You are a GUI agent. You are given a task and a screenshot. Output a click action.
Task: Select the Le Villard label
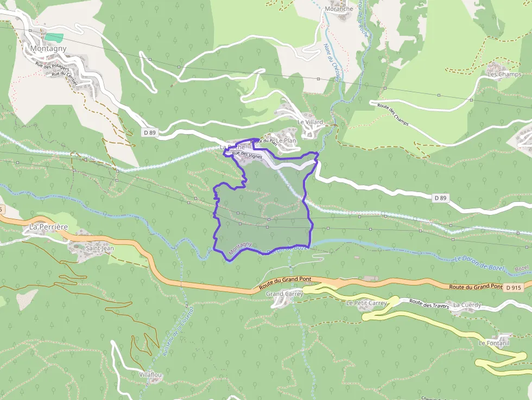(x=310, y=122)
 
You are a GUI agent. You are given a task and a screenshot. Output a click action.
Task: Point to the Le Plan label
(x=286, y=141)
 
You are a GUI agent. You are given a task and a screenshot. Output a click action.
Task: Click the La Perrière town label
(x=48, y=226)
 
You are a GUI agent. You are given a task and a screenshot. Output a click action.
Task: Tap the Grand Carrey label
(x=284, y=294)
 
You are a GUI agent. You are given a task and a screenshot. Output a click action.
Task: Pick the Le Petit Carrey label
(x=366, y=303)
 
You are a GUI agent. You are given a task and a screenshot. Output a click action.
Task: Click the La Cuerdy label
(x=467, y=305)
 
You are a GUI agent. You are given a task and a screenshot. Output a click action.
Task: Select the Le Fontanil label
(x=494, y=343)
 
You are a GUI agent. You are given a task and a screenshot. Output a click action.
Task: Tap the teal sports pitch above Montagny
(x=54, y=37)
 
